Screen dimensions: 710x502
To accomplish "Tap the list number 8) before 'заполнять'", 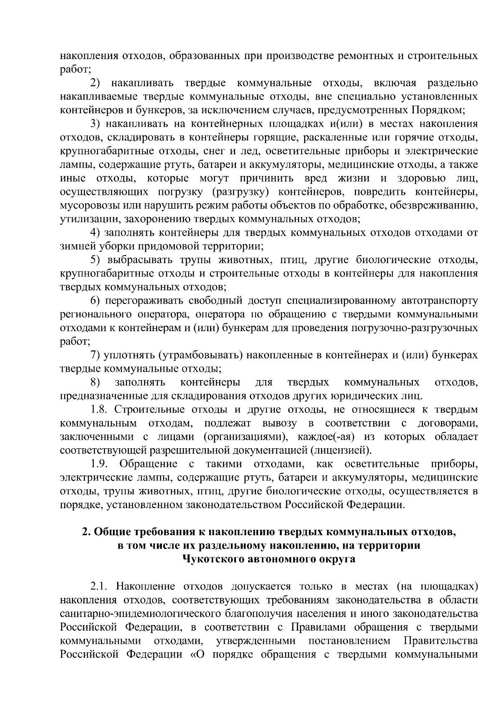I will (95, 383).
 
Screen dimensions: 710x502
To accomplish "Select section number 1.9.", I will (100, 465).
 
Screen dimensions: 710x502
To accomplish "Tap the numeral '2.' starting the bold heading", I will (86, 532).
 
